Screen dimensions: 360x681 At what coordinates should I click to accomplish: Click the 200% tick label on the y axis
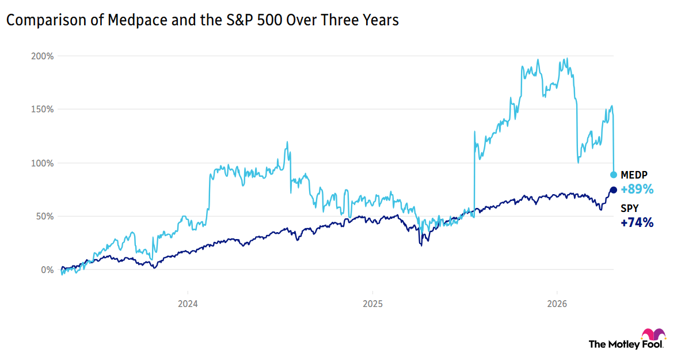pos(43,56)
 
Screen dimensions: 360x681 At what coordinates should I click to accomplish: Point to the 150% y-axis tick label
pos(43,109)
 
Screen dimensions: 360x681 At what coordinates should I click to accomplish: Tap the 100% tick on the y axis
pos(43,163)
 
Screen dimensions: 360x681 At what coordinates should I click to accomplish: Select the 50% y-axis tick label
pos(45,216)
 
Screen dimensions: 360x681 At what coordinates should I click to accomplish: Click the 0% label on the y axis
pos(47,270)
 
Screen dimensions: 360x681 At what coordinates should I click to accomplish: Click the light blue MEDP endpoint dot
pos(614,175)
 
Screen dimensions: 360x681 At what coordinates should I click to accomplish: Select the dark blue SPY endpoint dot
pos(614,190)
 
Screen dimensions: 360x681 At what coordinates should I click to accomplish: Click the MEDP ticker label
pos(633,175)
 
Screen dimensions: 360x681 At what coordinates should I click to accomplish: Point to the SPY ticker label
pos(629,209)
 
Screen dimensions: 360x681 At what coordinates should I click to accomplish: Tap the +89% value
pos(637,188)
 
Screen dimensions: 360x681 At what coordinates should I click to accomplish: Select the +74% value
pos(637,222)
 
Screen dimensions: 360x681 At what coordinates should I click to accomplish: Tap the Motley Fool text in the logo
pos(625,344)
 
